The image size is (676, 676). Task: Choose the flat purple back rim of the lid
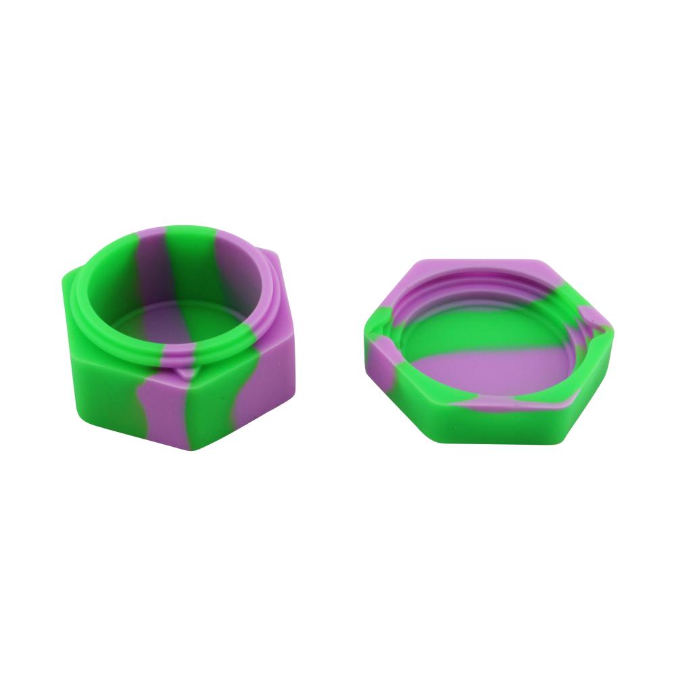click(x=473, y=267)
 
